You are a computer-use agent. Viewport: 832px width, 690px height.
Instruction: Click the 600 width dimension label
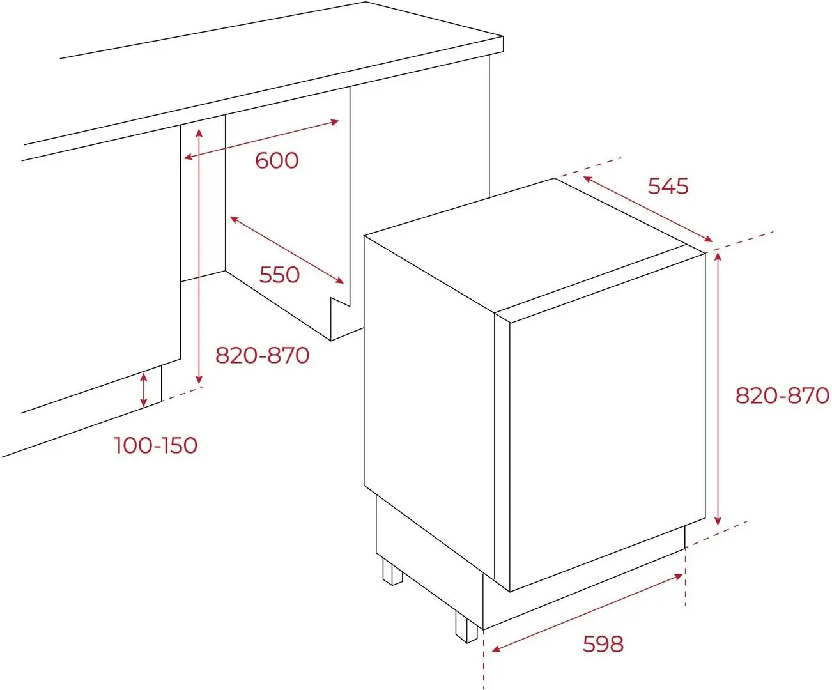277,160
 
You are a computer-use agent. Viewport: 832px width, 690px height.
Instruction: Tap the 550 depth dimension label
279,275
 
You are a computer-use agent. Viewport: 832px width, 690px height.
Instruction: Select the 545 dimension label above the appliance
668,186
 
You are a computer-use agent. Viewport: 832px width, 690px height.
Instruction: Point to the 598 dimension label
603,644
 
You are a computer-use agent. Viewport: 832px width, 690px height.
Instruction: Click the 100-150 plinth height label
156,445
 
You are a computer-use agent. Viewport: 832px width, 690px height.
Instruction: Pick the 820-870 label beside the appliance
782,395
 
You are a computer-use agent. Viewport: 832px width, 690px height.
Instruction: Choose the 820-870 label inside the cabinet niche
262,355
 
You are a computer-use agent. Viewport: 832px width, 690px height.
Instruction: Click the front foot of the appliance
466,627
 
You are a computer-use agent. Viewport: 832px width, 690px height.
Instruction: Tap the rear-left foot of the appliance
392,571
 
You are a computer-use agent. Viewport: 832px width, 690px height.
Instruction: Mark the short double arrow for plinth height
144,390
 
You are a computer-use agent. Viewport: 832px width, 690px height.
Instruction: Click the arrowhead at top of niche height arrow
199,132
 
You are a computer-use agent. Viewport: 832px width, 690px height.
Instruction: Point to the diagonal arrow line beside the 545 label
647,209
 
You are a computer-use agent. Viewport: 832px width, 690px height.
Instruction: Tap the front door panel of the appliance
608,422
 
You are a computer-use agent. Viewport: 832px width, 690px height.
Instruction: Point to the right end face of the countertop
496,45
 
